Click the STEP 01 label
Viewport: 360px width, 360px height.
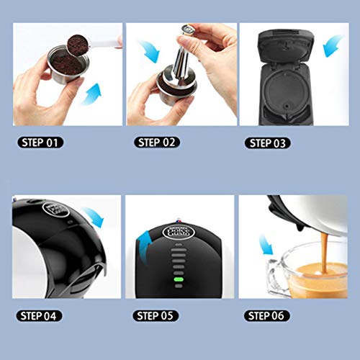tap(40, 143)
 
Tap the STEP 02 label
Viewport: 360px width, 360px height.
tap(154, 143)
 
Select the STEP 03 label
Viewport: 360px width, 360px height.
tap(266, 143)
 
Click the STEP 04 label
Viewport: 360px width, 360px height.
tap(40, 315)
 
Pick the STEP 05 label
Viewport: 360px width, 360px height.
tap(154, 315)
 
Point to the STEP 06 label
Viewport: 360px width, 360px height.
tap(266, 315)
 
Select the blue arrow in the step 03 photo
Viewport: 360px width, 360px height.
tap(332, 48)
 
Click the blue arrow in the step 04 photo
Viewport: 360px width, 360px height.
tap(93, 215)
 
